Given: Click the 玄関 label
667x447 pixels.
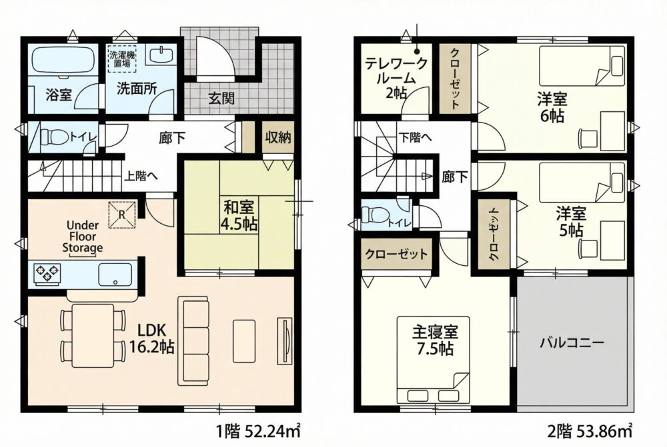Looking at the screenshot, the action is tap(221, 99).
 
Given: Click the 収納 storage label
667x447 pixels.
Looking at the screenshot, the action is tap(278, 138).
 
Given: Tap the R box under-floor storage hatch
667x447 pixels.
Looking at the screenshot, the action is tap(122, 215).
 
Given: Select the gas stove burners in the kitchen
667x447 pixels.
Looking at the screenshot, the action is tap(47, 274).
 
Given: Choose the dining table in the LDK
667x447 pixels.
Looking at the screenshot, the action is tap(93, 335).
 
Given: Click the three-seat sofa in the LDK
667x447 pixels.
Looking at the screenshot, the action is tap(193, 341).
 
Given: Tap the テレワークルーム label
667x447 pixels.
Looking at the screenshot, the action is tap(396, 78).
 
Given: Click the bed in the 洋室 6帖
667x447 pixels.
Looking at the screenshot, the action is tap(582, 66).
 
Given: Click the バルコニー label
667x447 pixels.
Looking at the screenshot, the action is tap(572, 342).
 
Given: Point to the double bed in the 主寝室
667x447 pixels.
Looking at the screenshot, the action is tap(433, 360).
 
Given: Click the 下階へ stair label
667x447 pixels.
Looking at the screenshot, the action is tap(415, 137).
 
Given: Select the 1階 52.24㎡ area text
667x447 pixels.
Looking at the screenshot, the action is tap(259, 432).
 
